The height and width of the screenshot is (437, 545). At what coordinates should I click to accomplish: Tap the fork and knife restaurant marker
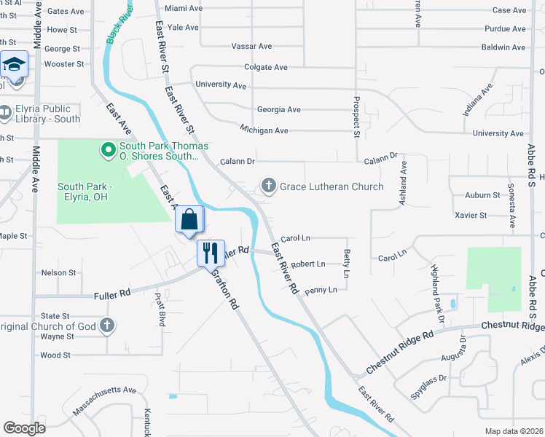211,253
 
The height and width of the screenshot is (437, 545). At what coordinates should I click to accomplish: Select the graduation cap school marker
13,66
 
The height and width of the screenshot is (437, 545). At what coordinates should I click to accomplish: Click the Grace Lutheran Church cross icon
269,186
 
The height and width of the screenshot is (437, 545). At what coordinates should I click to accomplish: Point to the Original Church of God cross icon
107,326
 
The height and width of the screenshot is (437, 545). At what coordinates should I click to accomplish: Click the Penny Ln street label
321,290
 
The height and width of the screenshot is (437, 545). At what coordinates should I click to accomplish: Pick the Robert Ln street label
307,264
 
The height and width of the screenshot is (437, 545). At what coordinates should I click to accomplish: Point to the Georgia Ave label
278,110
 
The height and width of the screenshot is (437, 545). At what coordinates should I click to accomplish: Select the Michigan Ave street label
264,130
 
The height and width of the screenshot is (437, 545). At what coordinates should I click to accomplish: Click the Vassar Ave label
251,46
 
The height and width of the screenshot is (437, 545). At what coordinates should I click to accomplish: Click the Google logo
24,428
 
